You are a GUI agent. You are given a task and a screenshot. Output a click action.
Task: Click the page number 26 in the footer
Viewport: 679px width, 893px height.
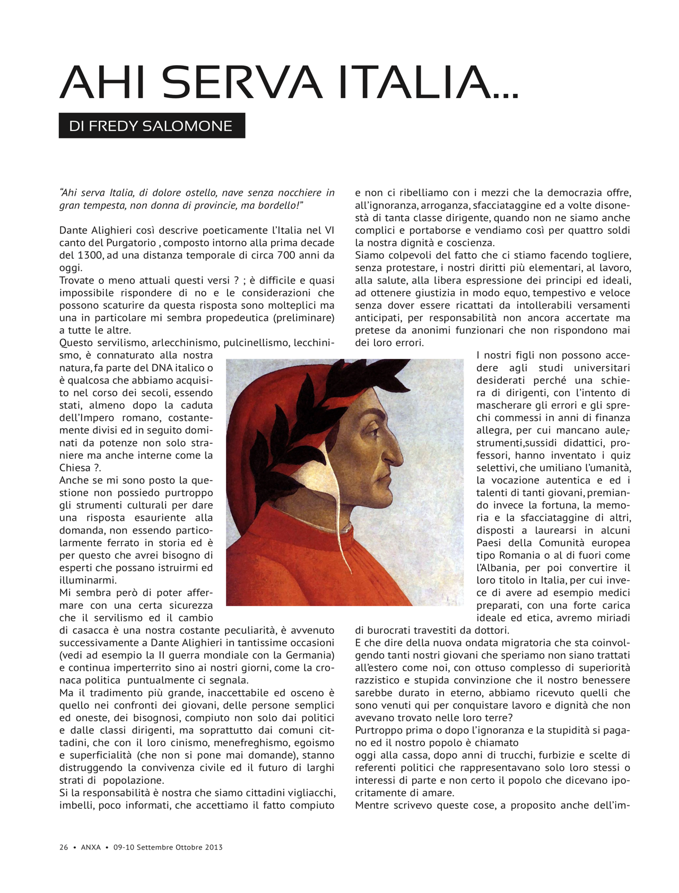(64, 847)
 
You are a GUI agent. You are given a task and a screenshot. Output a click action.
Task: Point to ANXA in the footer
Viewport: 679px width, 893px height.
(91, 847)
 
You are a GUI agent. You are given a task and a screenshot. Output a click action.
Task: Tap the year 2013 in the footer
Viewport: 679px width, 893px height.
(213, 847)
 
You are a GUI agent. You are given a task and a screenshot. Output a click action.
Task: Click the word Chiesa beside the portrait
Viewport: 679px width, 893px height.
(75, 468)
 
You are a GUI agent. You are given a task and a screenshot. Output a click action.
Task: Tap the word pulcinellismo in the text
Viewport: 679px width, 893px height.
(256, 343)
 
